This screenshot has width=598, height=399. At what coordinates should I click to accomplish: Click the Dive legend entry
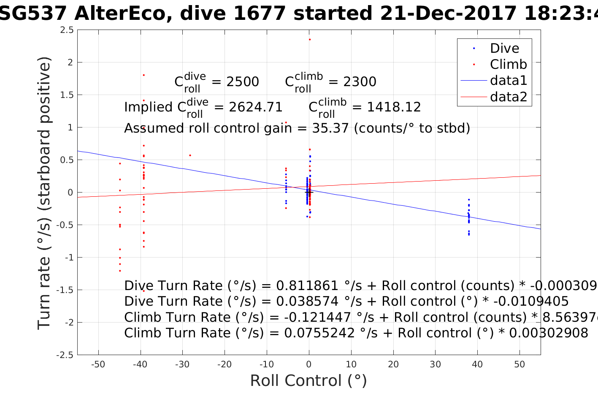coord(504,48)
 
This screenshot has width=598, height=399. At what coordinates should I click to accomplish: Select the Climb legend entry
coord(508,64)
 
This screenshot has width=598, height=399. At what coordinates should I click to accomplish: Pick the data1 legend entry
coord(508,80)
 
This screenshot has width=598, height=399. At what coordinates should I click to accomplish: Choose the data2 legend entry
coord(508,97)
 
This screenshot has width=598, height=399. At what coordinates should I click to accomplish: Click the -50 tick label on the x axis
coord(98,364)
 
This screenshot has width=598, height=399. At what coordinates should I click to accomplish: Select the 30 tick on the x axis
coord(435,364)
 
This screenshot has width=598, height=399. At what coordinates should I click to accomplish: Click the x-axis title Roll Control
coord(308,381)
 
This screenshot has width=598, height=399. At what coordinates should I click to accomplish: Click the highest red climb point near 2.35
coord(309,40)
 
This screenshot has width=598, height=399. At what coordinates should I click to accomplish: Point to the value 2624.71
coord(255,107)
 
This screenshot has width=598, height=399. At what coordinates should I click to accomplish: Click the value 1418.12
coord(394,107)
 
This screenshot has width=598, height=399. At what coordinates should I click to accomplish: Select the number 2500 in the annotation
coord(243,82)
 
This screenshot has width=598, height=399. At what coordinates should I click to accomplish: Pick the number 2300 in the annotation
coord(360,82)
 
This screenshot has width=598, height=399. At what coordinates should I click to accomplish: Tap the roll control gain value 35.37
coord(330,128)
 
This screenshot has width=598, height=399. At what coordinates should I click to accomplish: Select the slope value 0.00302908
coord(549,333)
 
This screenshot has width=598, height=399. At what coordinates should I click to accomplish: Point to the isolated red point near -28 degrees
coord(190,155)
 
